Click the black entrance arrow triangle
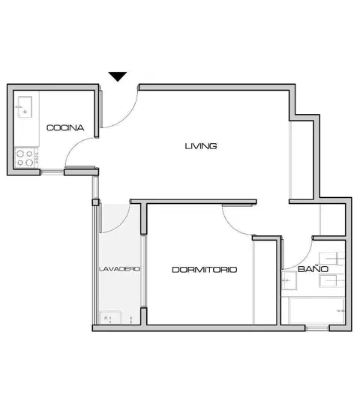pyautogui.click(x=118, y=76)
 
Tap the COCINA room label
pyautogui.click(x=65, y=127)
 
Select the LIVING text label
pyautogui.click(x=201, y=146)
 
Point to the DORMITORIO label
pyautogui.click(x=205, y=270)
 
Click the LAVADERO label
pyautogui.click(x=119, y=269)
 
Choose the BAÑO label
pyautogui.click(x=313, y=269)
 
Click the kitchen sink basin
pyautogui.click(x=25, y=107)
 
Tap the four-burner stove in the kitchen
pyautogui.click(x=26, y=157)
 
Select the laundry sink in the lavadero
pyautogui.click(x=110, y=318)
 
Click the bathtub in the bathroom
pyautogui.click(x=316, y=310)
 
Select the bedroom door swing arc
pyautogui.click(x=232, y=224)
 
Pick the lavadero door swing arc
pyautogui.click(x=121, y=223)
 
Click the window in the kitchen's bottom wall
pyautogui.click(x=52, y=172)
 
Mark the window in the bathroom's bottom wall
pyautogui.click(x=317, y=328)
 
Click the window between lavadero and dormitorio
pyautogui.click(x=143, y=271)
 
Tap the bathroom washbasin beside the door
pyautogui.click(x=289, y=280)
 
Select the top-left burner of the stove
pyautogui.click(x=20, y=154)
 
